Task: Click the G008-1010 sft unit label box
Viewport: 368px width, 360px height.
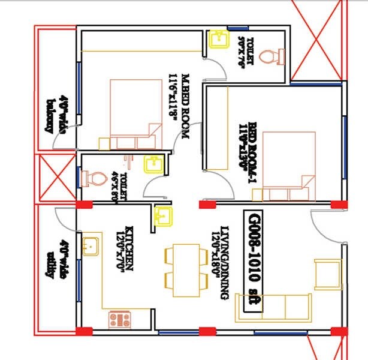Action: [x=254, y=261]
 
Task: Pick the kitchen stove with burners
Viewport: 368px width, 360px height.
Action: [x=119, y=318]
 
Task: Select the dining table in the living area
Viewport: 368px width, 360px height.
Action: [x=181, y=270]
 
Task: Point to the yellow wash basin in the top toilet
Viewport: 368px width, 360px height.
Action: [x=218, y=39]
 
